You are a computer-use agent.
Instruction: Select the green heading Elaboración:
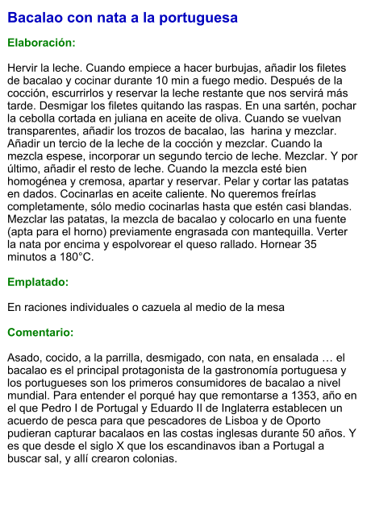click(41, 42)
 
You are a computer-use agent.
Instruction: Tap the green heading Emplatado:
click(38, 282)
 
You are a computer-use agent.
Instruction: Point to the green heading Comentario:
click(40, 332)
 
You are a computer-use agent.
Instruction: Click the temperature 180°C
click(76, 257)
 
